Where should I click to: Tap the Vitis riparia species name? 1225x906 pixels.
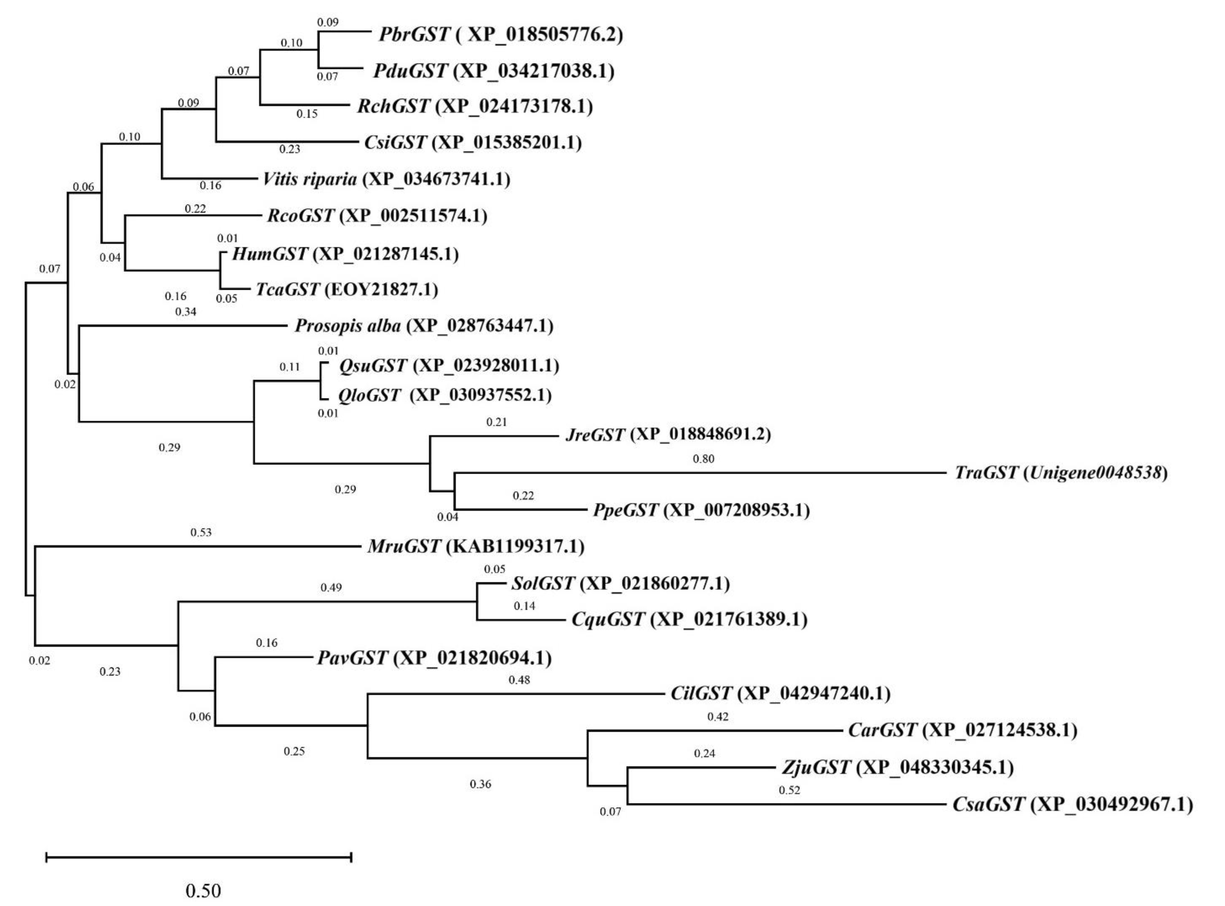tap(310, 179)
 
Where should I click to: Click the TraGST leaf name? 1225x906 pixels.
tap(986, 473)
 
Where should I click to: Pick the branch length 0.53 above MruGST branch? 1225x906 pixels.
tap(201, 532)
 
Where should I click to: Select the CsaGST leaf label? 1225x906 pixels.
tap(988, 804)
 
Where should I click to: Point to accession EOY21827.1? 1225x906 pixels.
tap(381, 290)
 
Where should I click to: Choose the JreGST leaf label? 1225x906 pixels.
tap(595, 435)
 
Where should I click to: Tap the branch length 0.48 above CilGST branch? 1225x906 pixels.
tap(519, 680)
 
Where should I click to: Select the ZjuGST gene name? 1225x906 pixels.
tap(816, 767)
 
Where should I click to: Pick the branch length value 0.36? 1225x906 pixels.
tap(480, 784)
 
